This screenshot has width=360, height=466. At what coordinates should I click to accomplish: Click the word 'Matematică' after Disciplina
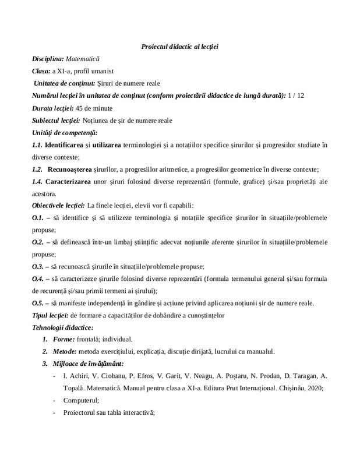(83, 59)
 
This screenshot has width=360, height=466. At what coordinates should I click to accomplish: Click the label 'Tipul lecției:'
(50, 316)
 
